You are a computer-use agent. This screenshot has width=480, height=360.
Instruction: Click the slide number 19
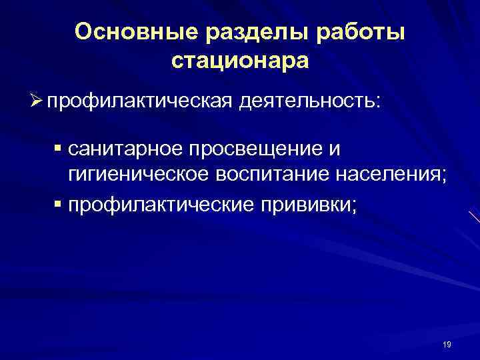(x=447, y=345)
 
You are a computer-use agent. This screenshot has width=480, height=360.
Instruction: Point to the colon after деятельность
(x=379, y=104)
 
